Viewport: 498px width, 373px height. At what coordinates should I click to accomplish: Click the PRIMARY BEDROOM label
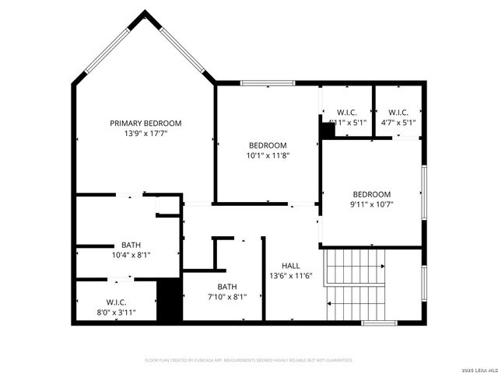tap(146, 123)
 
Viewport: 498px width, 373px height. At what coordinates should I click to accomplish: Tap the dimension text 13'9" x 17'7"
tap(146, 134)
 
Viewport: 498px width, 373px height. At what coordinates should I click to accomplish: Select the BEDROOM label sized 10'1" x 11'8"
tap(268, 145)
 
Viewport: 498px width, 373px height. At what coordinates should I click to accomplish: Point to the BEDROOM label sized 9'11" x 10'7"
tap(372, 194)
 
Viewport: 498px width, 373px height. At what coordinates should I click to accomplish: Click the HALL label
tap(290, 265)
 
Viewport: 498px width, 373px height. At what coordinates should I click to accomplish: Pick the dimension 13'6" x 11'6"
tap(290, 276)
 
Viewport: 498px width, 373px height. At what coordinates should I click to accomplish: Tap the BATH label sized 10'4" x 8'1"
tap(131, 245)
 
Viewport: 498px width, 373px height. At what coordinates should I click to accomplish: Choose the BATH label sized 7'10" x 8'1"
tap(227, 286)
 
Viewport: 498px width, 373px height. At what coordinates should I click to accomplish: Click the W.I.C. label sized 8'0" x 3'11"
tap(116, 302)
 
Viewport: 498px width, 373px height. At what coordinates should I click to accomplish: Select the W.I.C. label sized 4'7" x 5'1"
tap(398, 112)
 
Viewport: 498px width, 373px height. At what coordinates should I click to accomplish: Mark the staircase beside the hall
tap(356, 284)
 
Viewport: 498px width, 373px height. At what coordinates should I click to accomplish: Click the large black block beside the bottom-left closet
tap(169, 300)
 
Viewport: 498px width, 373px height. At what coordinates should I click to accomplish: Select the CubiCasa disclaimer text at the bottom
tap(249, 361)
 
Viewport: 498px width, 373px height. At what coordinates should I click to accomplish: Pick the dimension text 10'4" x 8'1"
tap(131, 255)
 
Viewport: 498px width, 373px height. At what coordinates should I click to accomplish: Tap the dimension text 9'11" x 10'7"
tap(372, 205)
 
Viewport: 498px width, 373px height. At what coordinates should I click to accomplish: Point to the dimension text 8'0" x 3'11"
tap(116, 312)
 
